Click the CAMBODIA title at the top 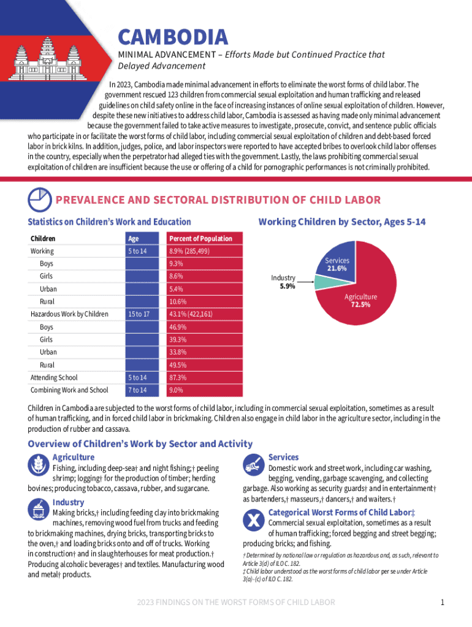(x=172, y=38)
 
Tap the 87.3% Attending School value (x=178, y=378)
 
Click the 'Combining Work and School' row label (x=69, y=390)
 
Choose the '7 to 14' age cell (x=137, y=390)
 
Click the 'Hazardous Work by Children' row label (x=69, y=314)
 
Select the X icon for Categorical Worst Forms (x=254, y=522)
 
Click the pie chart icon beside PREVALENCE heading (x=39, y=200)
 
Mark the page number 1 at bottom (x=442, y=603)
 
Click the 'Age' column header (x=134, y=238)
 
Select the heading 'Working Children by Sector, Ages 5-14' (x=342, y=222)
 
